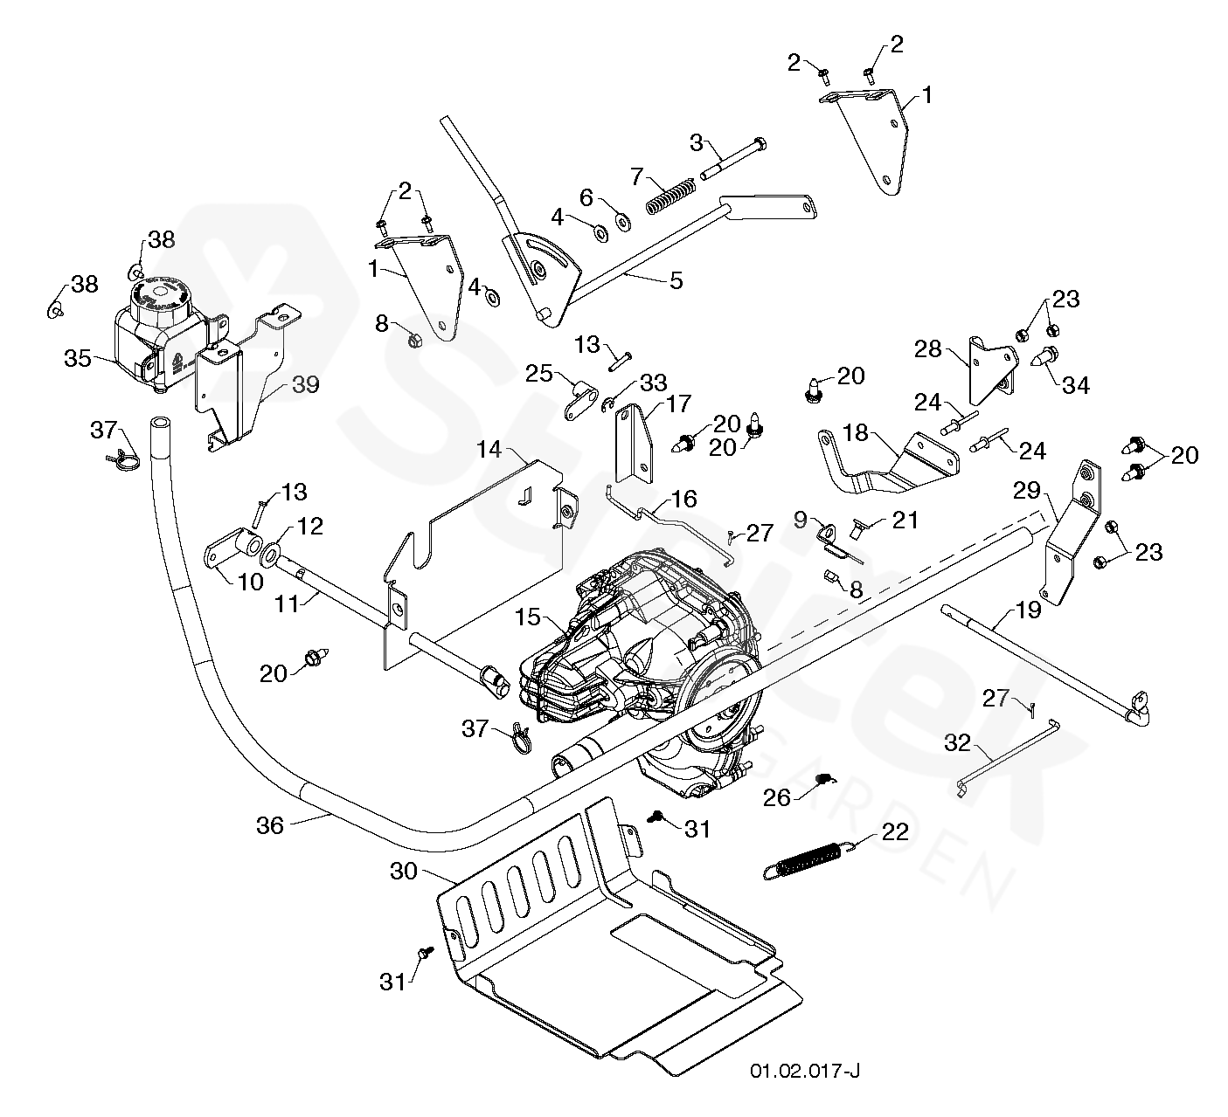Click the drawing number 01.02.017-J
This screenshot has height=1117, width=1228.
(804, 1072)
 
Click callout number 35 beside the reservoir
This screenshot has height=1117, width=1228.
(78, 358)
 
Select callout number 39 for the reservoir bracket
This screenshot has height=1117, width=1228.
(305, 384)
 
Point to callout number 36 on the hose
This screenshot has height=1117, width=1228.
(270, 824)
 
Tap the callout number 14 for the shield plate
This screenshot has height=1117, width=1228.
(490, 450)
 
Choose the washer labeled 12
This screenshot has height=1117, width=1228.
(272, 553)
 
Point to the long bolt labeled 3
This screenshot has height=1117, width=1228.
(730, 162)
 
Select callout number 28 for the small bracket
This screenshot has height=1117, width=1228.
(927, 349)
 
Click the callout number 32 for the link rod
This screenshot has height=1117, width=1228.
(958, 742)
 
